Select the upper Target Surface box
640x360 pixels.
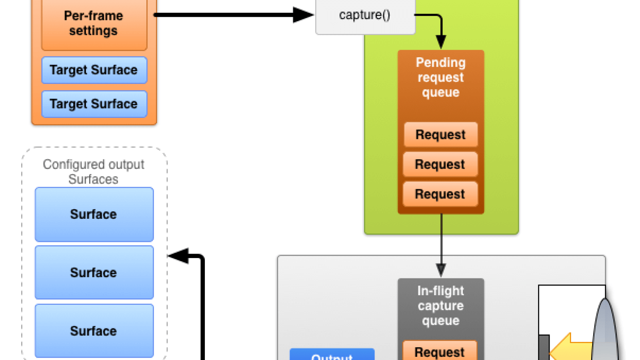94,70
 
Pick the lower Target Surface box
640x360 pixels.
94,104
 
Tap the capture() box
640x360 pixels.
365,15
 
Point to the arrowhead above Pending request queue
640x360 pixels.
441,42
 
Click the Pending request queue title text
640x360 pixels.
441,77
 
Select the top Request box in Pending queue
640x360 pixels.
441,134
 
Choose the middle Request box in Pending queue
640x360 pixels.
440,164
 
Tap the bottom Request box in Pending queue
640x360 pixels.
440,194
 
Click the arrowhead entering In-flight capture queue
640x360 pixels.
441,270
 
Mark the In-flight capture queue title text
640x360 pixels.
441,306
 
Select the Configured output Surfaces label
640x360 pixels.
93,172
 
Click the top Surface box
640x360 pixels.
94,214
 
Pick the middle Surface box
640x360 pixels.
94,272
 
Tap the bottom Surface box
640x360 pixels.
94,331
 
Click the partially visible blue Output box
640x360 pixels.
332,354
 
